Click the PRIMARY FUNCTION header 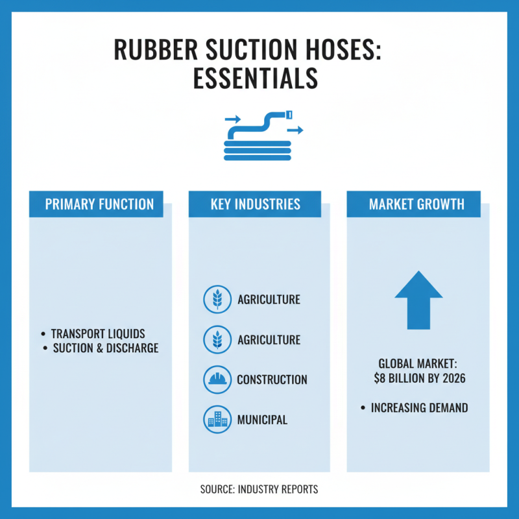coord(99,204)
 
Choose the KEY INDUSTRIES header coord(255,204)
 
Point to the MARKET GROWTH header coord(416,204)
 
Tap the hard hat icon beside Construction coord(217,380)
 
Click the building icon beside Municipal coord(217,420)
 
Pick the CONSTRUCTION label coord(272,380)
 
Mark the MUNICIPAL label coord(262,420)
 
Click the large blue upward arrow coord(418,300)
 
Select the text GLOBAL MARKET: coord(418,364)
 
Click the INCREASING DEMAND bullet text coord(419,408)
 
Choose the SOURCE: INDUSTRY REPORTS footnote coord(259,489)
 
